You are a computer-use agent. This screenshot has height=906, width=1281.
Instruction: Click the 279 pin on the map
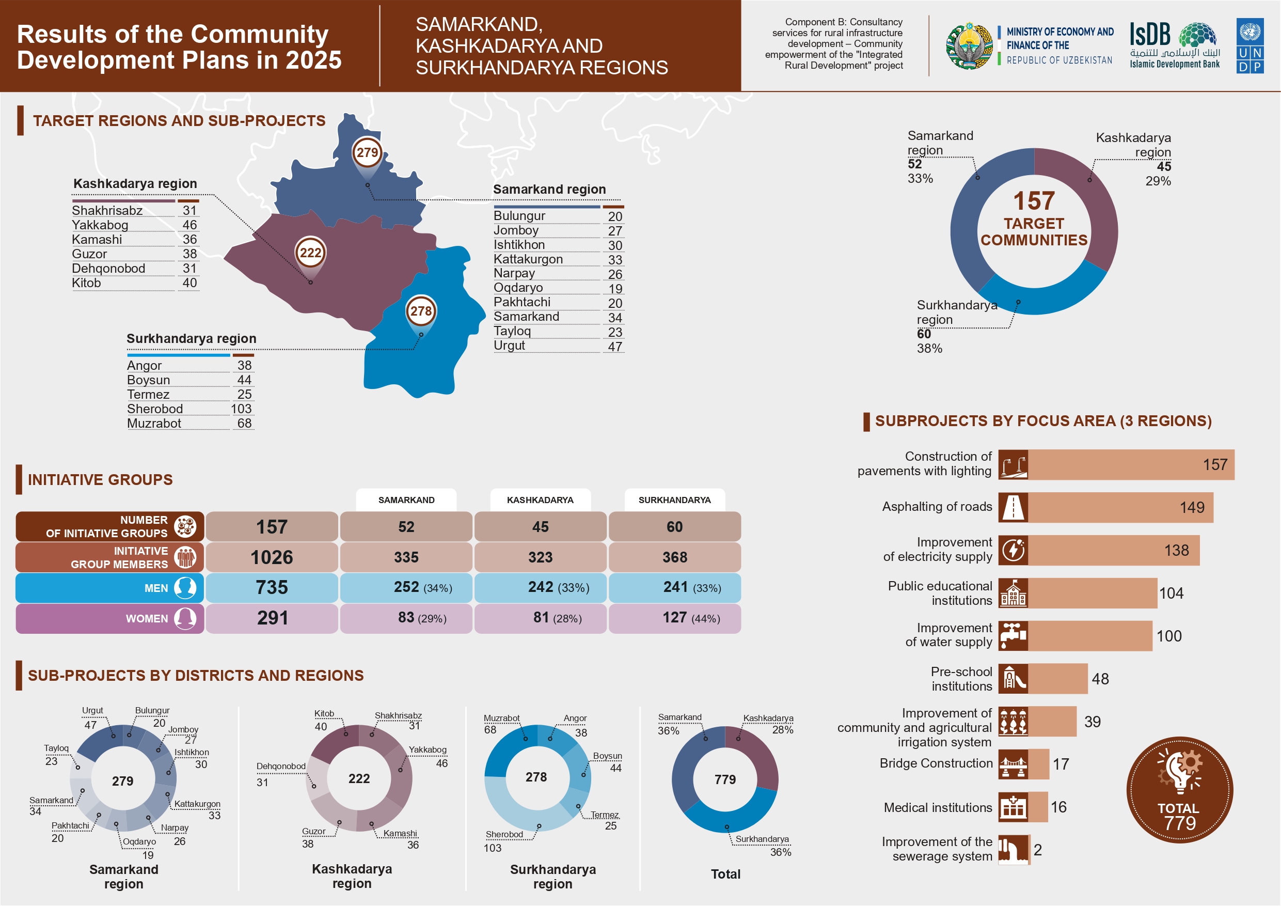[367, 152]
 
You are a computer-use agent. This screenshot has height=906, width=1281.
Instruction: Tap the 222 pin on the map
[310, 253]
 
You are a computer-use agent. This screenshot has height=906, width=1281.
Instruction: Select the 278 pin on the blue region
[421, 311]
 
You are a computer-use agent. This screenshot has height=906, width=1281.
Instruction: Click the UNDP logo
[1250, 46]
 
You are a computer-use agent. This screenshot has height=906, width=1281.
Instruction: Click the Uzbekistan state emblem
[970, 46]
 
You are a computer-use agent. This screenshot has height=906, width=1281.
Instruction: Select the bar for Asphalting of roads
[1120, 507]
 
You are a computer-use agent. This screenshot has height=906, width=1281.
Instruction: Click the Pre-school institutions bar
[1058, 679]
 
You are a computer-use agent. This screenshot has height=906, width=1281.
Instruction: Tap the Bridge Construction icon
[1013, 764]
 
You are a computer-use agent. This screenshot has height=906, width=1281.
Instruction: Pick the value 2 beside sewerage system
[1038, 850]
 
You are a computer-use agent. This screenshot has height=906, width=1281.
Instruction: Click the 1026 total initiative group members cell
[272, 557]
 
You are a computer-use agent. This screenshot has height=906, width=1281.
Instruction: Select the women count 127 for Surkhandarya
[674, 618]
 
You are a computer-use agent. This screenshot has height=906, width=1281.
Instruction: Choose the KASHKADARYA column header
[540, 500]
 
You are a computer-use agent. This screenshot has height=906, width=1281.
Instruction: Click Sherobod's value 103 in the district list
[241, 409]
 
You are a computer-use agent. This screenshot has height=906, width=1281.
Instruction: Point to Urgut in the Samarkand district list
[510, 346]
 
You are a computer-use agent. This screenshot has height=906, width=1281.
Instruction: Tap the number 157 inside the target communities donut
[1034, 201]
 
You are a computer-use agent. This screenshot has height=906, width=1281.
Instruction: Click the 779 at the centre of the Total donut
[725, 779]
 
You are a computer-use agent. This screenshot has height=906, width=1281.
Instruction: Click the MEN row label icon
[185, 588]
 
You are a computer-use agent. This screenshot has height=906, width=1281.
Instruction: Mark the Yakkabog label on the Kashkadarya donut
[428, 749]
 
